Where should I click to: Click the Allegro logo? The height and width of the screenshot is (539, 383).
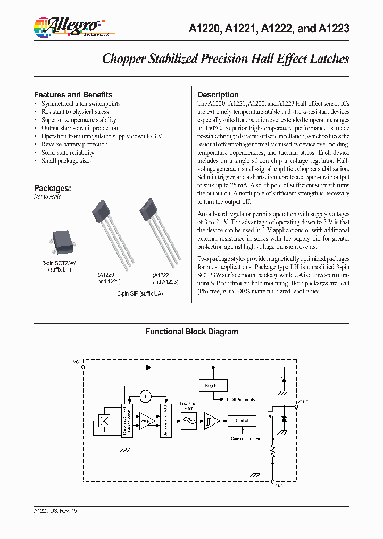tap(66, 26)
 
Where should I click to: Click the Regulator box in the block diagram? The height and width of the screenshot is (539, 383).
tap(213, 385)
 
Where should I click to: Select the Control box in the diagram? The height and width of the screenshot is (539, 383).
tap(242, 420)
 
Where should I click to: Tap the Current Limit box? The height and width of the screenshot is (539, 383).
tap(242, 439)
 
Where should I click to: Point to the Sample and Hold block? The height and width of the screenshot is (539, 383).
tap(165, 420)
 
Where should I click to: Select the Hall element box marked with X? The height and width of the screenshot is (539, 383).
tap(105, 421)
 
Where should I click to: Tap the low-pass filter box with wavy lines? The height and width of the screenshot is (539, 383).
tap(188, 420)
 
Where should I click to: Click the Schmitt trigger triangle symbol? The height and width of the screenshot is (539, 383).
tap(211, 420)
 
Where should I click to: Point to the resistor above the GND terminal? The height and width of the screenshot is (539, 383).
tap(273, 453)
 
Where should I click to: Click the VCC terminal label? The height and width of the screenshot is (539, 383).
tap(78, 362)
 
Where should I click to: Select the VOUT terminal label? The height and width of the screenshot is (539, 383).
tap(302, 402)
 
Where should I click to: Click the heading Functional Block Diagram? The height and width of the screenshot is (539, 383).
tap(191, 331)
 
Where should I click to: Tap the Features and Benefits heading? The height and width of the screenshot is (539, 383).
tap(73, 94)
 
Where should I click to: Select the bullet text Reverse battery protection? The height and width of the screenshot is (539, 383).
tap(74, 144)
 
